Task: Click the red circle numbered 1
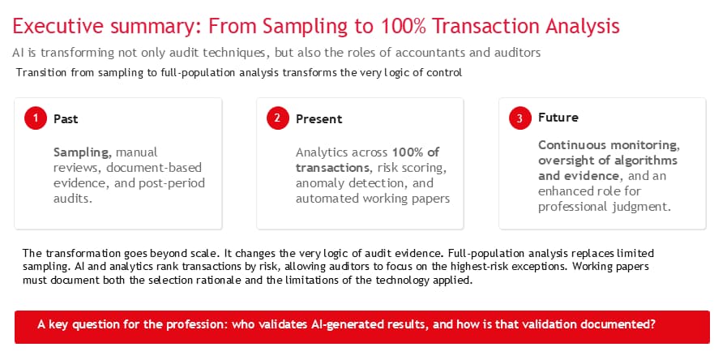point(36,118)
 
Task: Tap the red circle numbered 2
point(278,118)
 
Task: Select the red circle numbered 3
point(520,118)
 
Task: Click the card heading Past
point(66,118)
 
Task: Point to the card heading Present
point(319,118)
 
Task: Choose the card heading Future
point(558,118)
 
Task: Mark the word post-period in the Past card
point(172,184)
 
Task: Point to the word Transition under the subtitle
point(37,73)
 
